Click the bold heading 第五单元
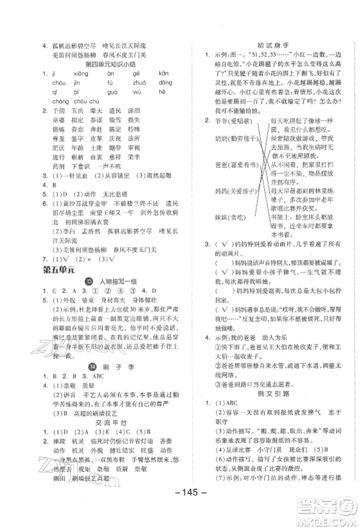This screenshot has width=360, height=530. pyautogui.click(x=56, y=271)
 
